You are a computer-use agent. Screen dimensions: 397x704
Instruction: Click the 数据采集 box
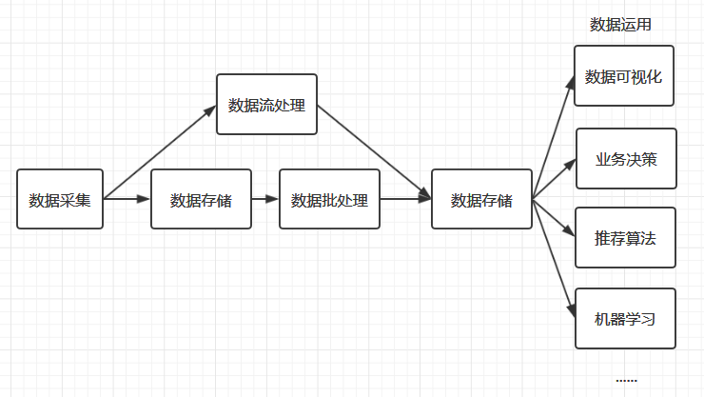pos(59,200)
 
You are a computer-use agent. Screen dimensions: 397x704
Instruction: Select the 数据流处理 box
pos(266,104)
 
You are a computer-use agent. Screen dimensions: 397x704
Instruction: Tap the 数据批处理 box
pos(329,200)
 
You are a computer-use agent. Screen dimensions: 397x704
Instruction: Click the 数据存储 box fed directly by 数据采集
pos(201,200)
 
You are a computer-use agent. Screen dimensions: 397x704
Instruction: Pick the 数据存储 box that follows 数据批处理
pos(480,200)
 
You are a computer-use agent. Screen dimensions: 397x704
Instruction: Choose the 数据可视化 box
pos(623,76)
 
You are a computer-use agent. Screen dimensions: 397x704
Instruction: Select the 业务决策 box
pos(625,159)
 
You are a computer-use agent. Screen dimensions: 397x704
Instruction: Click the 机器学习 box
pos(625,319)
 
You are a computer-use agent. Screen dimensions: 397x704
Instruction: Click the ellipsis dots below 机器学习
pos(626,380)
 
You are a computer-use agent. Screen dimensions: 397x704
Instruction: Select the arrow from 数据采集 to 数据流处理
pos(160,152)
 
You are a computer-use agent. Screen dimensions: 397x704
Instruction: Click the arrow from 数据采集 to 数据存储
pos(127,199)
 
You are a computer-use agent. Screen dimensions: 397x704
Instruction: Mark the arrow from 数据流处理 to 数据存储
pos(374,151)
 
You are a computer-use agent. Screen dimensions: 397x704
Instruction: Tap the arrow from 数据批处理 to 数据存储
pos(405,199)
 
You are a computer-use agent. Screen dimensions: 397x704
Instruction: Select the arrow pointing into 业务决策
pos(554,180)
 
